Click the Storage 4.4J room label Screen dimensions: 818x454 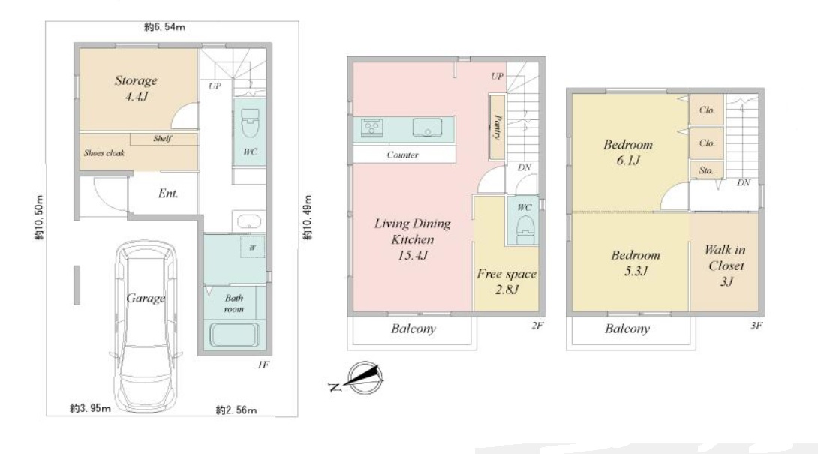point(136,88)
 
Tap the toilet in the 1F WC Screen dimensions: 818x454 point(251,123)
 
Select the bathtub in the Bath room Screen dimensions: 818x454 point(235,335)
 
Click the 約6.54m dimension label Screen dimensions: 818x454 point(165,26)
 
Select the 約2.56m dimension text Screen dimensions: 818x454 point(236,410)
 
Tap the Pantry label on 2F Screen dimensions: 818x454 point(498,128)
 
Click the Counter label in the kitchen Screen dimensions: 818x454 point(403,155)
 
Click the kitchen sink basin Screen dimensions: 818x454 point(427,128)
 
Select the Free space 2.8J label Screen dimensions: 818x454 point(507,282)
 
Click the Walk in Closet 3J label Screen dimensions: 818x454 point(726,266)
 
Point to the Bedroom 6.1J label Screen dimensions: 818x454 point(628,152)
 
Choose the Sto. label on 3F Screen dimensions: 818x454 point(706,170)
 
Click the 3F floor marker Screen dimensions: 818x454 point(756,326)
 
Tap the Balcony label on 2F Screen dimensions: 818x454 point(414,329)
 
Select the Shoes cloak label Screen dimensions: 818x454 point(104,153)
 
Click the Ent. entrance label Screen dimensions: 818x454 point(168,194)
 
